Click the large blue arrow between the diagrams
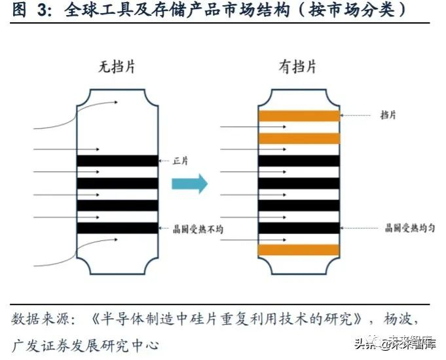pos(189,184)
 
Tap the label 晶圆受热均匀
pos(410,228)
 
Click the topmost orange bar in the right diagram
pos(299,116)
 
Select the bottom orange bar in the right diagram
pos(299,250)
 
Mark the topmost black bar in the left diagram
pos(117,160)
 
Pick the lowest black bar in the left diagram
pos(117,228)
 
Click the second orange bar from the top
pos(299,138)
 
